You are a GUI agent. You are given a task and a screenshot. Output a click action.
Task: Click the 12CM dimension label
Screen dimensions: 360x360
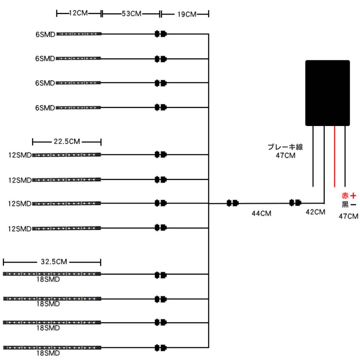coord(78,13)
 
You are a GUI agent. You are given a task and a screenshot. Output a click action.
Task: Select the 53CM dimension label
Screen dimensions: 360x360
coord(131,14)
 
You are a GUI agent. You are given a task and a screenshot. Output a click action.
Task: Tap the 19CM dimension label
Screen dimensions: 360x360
coord(187,14)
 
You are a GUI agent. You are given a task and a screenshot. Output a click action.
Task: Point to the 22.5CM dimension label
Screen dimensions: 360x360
coord(67,142)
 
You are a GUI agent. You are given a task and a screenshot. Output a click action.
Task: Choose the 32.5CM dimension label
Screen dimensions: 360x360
coord(54,262)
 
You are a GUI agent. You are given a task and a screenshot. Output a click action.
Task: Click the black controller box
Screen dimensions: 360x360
coord(327,93)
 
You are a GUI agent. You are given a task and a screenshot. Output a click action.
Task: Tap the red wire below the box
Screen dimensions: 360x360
coord(334,156)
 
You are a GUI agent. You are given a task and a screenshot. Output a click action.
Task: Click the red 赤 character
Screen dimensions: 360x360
coord(345,196)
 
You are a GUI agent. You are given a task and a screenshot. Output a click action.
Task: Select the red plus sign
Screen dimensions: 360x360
coord(353,196)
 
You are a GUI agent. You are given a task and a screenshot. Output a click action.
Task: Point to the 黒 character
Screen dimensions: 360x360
coord(345,204)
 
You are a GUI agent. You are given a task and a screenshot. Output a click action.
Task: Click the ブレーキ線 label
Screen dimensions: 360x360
coord(285,147)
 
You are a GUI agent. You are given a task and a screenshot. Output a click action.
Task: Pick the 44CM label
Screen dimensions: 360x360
coord(262,214)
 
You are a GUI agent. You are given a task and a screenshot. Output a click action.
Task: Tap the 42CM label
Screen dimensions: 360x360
coord(315,212)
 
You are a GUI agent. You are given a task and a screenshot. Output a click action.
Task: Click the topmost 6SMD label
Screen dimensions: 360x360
coord(46,34)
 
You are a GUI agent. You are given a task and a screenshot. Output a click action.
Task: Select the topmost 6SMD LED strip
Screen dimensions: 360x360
coord(79,34)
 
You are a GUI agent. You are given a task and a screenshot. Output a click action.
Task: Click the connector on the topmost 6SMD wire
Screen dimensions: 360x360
coord(160,34)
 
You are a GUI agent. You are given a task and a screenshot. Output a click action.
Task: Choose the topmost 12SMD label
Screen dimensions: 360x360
coord(20,155)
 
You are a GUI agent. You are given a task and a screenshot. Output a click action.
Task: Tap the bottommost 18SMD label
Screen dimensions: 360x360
coord(48,353)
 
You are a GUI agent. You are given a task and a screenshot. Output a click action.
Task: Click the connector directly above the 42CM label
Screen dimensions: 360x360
coord(295,203)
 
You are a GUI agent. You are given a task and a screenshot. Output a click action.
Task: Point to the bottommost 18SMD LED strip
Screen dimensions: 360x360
coord(52,348)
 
